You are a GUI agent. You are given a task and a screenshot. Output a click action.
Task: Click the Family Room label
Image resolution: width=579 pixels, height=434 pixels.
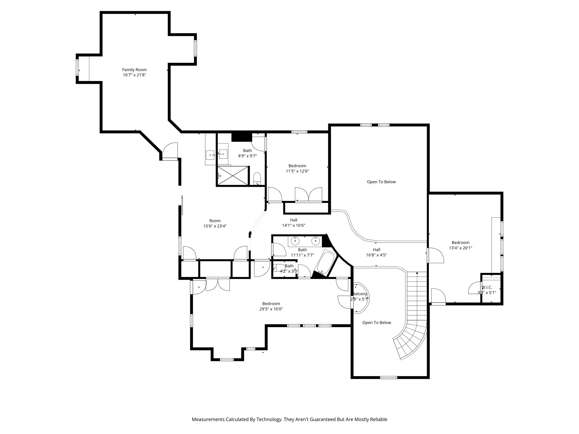point(134,70)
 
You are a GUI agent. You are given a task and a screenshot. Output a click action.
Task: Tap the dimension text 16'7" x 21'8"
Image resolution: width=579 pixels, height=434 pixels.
point(134,75)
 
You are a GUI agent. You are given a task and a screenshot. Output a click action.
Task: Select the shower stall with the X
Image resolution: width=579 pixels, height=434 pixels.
point(233,176)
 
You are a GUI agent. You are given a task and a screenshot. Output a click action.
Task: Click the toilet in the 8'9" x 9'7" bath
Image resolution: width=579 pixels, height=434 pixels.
point(257,179)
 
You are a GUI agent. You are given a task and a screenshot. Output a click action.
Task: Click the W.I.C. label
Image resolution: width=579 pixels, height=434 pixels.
point(487,287)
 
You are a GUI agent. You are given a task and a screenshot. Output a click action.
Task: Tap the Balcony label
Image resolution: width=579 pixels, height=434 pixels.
point(360,294)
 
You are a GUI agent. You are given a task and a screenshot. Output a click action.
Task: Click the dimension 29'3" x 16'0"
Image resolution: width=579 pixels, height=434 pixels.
point(271,309)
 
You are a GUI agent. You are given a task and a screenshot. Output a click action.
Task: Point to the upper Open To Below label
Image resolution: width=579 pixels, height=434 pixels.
point(381,182)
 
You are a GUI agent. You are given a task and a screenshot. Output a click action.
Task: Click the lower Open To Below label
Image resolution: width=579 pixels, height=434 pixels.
point(377,323)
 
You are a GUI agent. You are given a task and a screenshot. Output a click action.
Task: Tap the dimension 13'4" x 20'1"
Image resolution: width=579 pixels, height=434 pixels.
point(461,248)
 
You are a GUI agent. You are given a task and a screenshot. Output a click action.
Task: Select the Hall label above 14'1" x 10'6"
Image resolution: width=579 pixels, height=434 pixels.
point(293,220)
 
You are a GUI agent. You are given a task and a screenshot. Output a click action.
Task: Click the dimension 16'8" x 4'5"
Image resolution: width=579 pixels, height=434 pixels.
point(376,255)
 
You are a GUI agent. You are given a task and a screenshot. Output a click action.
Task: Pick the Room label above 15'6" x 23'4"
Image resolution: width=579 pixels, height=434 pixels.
point(215,221)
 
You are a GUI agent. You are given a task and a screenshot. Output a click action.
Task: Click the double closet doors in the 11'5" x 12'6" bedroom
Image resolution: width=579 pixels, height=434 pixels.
point(308,194)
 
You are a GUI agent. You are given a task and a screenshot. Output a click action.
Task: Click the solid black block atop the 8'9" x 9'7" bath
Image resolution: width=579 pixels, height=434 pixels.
point(242,137)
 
